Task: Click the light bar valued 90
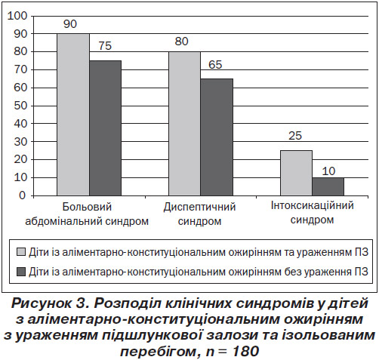73,115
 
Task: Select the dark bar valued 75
106,128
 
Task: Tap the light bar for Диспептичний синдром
185,124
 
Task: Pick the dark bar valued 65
217,137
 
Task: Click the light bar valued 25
297,173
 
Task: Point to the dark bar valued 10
328,186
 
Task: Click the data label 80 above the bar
181,42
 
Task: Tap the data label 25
295,136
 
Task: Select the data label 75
105,46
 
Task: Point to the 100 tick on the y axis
17,16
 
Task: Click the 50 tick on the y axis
20,106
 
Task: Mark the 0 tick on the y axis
23,195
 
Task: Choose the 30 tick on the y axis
20,142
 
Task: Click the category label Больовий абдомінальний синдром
87,214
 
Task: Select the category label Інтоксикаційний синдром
313,213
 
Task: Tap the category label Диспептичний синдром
199,214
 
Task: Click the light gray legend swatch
21,252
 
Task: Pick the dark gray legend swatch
21,272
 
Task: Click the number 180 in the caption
246,351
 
